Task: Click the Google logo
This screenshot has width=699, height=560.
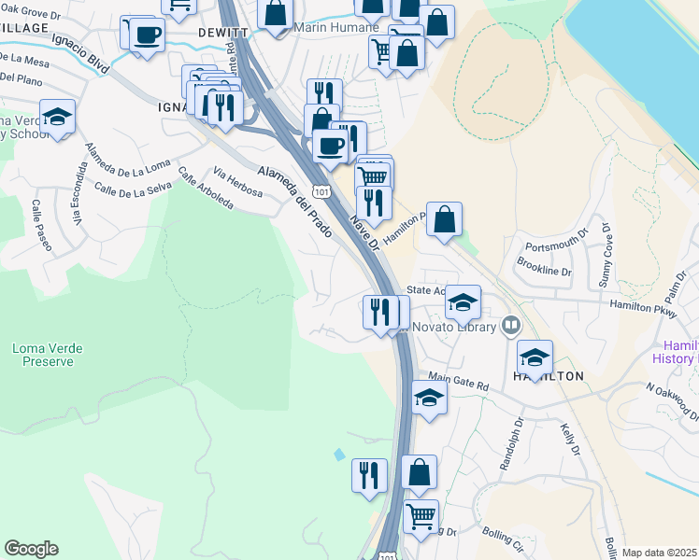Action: [32, 549]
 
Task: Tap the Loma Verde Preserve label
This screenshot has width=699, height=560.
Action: [47, 356]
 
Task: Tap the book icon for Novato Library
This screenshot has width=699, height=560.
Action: [510, 327]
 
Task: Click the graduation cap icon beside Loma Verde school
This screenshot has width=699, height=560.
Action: [58, 116]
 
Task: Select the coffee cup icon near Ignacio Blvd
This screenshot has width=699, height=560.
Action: [145, 35]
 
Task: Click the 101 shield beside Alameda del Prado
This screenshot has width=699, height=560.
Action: [322, 191]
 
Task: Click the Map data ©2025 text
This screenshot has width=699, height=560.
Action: [658, 553]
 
